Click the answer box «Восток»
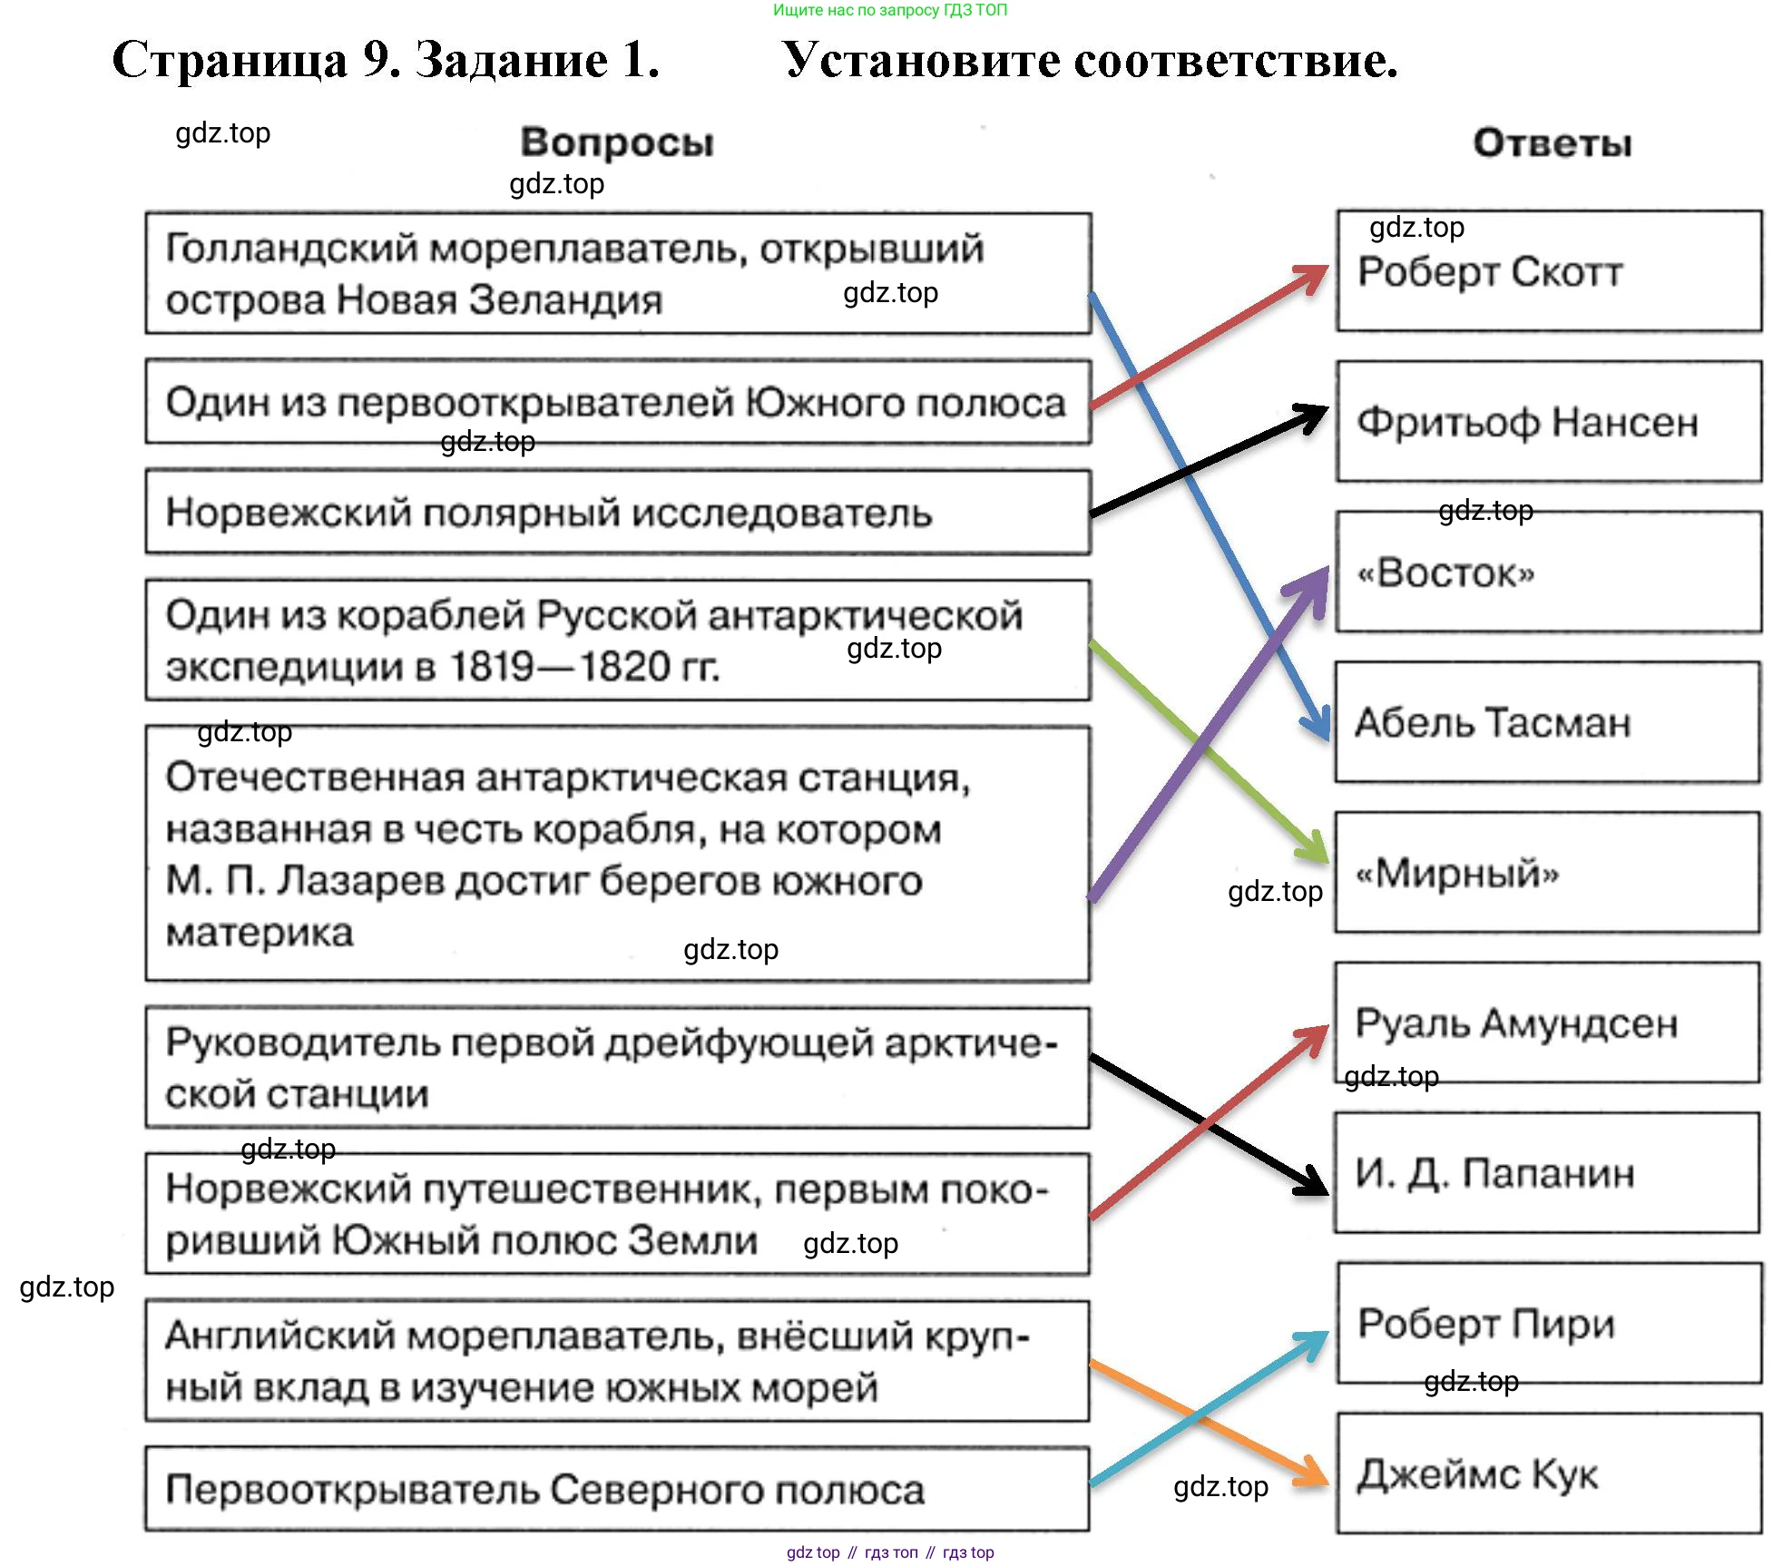[x=1548, y=572]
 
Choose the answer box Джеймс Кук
[x=1548, y=1473]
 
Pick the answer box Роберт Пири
[x=1548, y=1323]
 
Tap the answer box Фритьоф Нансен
[x=1548, y=422]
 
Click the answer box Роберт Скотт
[x=1548, y=271]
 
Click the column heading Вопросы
[x=617, y=142]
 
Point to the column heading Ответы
[x=1552, y=142]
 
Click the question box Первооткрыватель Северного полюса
[x=617, y=1490]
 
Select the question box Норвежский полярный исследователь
[x=617, y=513]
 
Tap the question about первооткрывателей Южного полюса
[x=617, y=403]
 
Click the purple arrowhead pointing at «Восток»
[x=1313, y=582]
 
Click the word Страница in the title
[x=230, y=61]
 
